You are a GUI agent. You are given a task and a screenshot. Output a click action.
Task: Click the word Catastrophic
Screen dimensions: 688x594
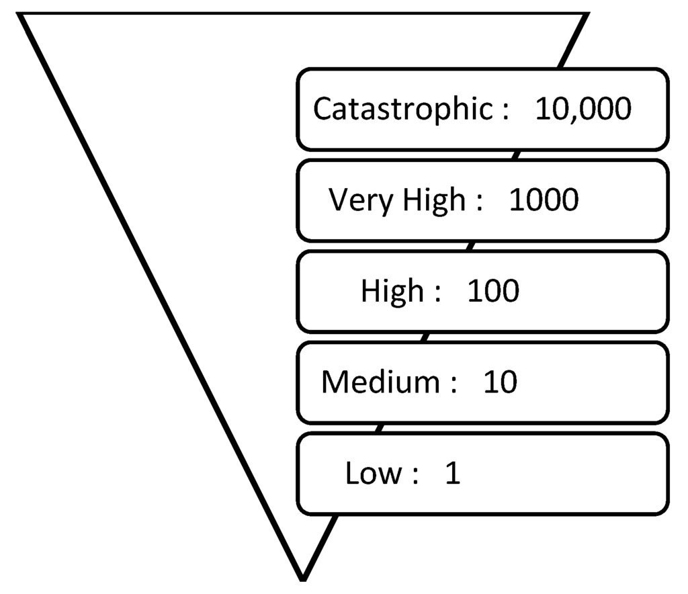[402, 109]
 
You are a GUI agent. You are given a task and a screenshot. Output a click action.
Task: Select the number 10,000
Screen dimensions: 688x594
[583, 109]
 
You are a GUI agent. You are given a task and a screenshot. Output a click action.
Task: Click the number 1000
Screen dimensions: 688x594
[544, 200]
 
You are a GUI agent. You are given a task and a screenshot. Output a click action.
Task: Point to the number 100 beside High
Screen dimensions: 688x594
[493, 292]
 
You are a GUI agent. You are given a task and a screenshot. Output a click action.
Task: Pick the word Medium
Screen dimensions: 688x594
[380, 382]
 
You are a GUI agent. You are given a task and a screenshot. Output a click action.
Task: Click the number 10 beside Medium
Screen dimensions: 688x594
[501, 382]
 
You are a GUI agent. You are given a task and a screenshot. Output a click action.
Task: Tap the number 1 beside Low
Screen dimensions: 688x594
[453, 474]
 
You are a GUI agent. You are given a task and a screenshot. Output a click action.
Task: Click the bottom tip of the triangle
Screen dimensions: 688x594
[303, 577]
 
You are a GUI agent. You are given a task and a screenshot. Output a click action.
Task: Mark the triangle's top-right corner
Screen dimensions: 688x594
[586, 15]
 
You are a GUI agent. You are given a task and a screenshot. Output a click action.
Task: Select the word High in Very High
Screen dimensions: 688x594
[434, 200]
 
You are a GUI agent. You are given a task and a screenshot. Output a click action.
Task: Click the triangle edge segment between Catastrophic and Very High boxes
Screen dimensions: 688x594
[515, 155]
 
